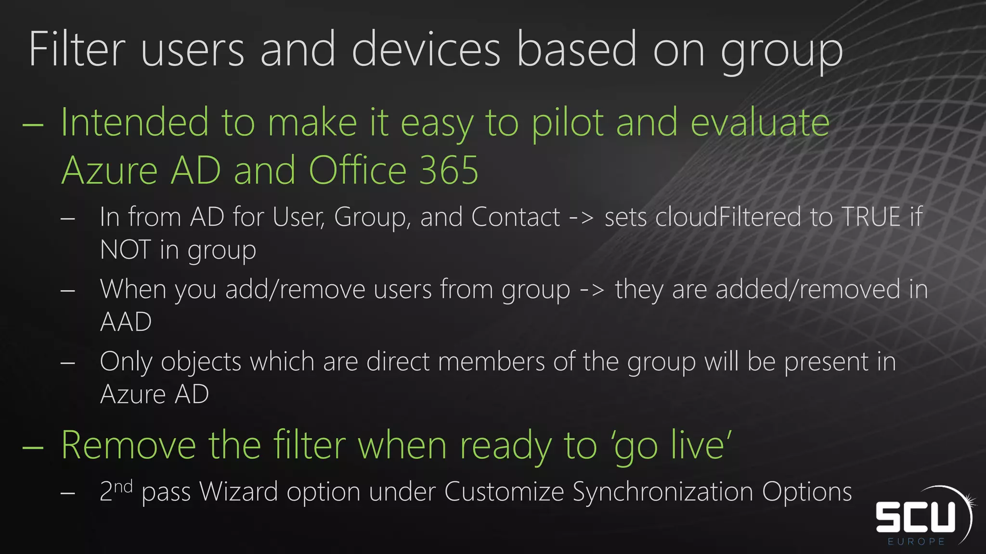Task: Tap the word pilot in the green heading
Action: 567,123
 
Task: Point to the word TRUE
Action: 871,217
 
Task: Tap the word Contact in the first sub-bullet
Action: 516,217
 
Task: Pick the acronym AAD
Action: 126,322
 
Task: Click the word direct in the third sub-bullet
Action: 398,362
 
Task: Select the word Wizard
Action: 238,491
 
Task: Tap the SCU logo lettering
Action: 915,517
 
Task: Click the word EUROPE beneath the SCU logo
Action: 916,541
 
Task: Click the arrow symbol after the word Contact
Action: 582,218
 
